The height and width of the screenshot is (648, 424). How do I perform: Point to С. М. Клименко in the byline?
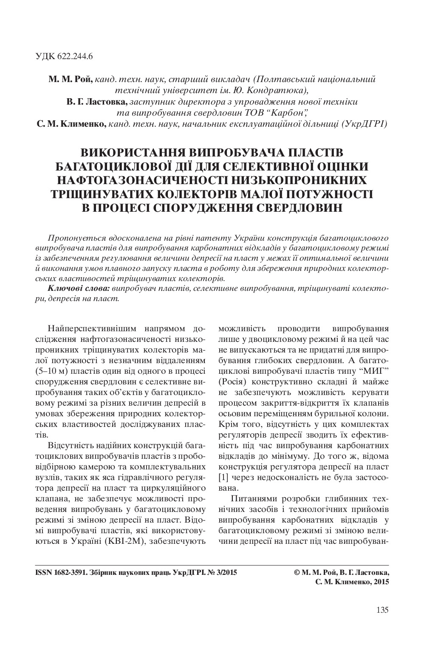coord(72,125)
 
